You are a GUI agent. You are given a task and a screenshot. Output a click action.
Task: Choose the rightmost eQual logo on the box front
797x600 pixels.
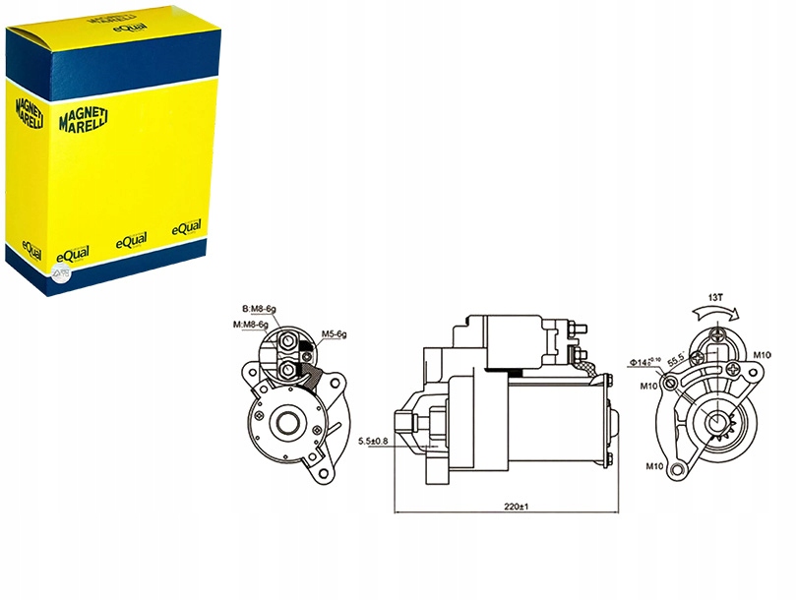click(x=186, y=228)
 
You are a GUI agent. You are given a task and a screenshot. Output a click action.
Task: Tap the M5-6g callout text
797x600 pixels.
click(x=335, y=334)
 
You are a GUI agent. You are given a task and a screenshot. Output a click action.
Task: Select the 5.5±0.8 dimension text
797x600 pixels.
click(x=374, y=441)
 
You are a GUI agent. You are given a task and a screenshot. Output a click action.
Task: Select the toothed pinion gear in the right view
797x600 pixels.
click(x=717, y=426)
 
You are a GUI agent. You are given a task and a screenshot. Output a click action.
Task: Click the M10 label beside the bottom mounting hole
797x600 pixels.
click(x=654, y=465)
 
